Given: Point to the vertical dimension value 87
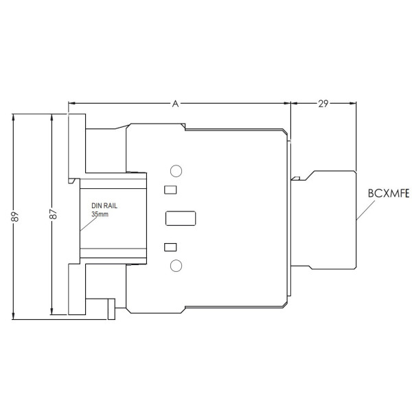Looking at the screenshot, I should coord(53,214).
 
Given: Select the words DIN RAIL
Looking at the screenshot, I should coord(106,206).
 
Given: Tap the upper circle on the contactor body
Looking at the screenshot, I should coord(176,171).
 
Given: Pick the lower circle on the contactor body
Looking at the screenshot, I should coord(176,266).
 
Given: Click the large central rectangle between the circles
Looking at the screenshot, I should coord(181,218).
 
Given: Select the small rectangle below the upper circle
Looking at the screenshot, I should coord(171,190).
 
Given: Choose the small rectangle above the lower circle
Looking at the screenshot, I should coord(171,247).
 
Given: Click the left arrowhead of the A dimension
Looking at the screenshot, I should coord(71,104).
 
